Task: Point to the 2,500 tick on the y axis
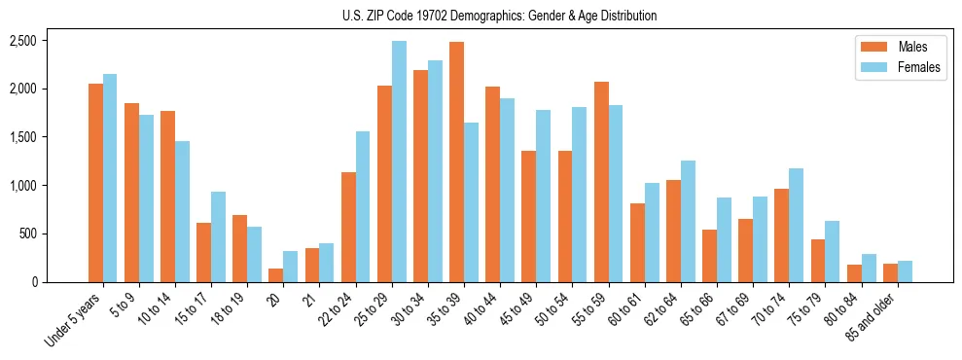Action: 23,41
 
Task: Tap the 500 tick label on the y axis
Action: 28,234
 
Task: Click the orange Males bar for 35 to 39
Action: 456,162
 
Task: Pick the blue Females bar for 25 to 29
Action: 399,162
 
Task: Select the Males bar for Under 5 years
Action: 95,183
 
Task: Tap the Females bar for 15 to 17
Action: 219,236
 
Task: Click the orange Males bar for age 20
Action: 276,275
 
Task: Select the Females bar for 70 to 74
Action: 796,225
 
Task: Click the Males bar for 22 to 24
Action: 348,227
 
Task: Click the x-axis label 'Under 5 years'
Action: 74,321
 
